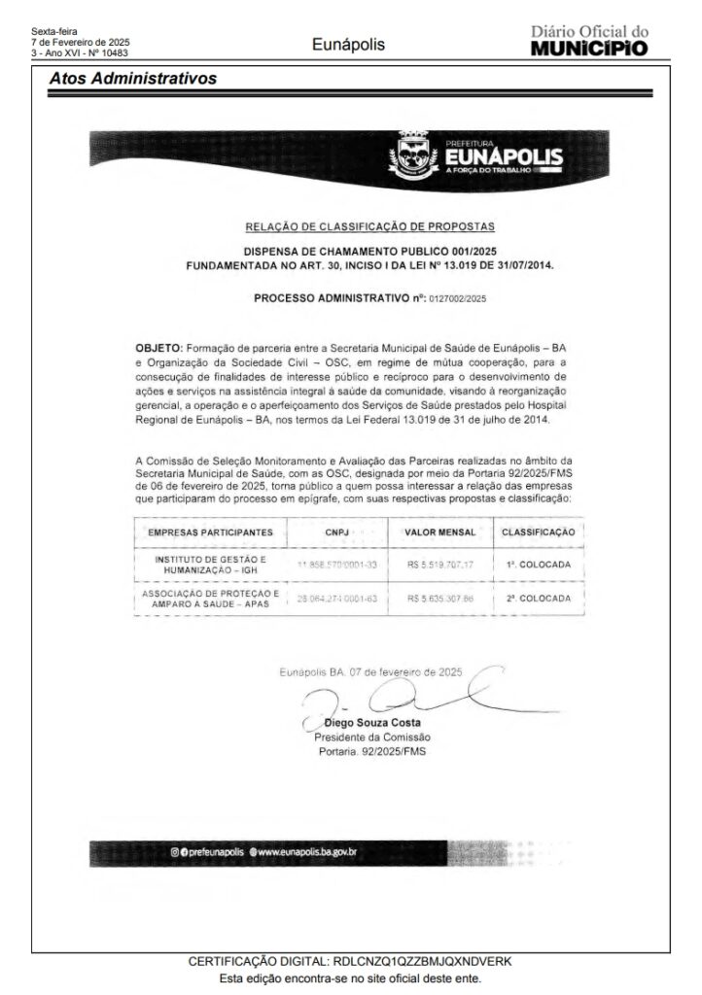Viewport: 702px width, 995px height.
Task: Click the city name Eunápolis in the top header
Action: [x=349, y=45]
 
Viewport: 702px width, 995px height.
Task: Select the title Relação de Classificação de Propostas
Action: [x=370, y=226]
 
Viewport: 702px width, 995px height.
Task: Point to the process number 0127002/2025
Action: [x=457, y=299]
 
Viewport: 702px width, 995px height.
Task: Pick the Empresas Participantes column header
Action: [x=210, y=532]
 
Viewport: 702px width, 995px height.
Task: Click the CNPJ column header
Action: [x=330, y=532]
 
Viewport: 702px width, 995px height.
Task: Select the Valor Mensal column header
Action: [x=439, y=532]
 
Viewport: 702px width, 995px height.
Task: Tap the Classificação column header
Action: [x=538, y=532]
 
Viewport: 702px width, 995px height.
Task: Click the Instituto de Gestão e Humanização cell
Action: [x=211, y=566]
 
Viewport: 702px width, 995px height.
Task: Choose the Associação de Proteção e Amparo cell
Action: [x=211, y=599]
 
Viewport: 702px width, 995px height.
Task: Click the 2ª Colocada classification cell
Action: [x=538, y=599]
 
